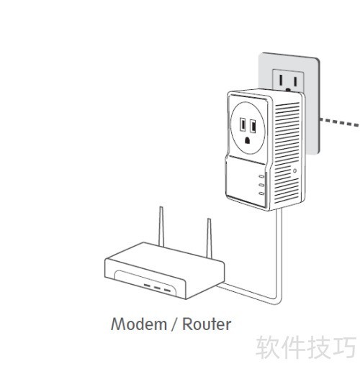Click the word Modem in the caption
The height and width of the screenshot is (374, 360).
coord(139,324)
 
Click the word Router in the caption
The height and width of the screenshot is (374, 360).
coord(207,324)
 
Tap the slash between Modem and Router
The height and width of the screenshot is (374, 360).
coord(175,324)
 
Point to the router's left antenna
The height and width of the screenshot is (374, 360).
coord(161,227)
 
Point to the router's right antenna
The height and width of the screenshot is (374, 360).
coord(210,238)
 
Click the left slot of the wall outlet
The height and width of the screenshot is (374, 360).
coord(280,81)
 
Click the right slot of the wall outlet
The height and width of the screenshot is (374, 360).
coord(295,81)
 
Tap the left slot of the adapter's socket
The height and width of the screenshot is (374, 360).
coord(243,125)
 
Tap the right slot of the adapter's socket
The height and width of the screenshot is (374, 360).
coord(253,126)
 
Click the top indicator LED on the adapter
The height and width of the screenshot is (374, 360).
coord(261,176)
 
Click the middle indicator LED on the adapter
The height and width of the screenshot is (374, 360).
coord(261,185)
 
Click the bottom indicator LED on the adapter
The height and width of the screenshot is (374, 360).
coord(261,193)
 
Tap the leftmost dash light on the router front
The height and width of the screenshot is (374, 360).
coord(147,286)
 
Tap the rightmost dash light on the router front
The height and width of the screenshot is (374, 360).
coord(167,291)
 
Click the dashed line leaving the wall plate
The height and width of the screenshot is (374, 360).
coord(339,122)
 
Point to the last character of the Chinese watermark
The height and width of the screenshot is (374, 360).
coord(344,347)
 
